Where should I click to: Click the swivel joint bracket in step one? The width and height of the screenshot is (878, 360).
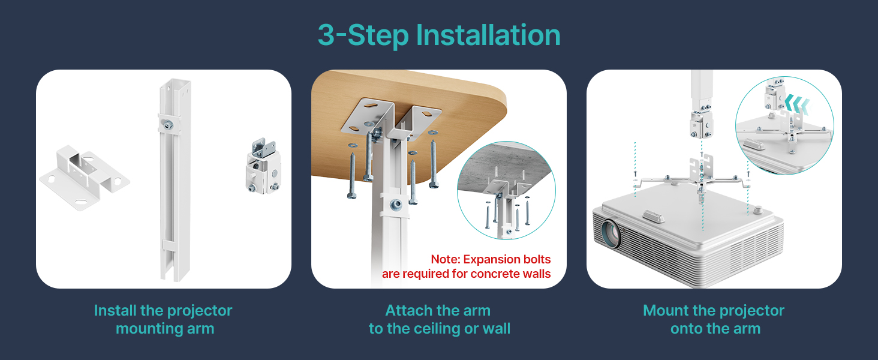tap(263, 166)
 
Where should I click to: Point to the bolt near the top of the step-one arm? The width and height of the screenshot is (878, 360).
tap(168, 125)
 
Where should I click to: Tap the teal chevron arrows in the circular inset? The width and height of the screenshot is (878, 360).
tap(796, 104)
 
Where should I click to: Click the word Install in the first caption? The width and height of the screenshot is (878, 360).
tap(115, 311)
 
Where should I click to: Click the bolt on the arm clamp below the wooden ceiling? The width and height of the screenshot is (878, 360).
tap(396, 204)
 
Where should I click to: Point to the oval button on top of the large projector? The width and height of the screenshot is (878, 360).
tap(654, 216)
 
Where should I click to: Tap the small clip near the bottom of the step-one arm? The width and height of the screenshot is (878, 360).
tap(169, 245)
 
